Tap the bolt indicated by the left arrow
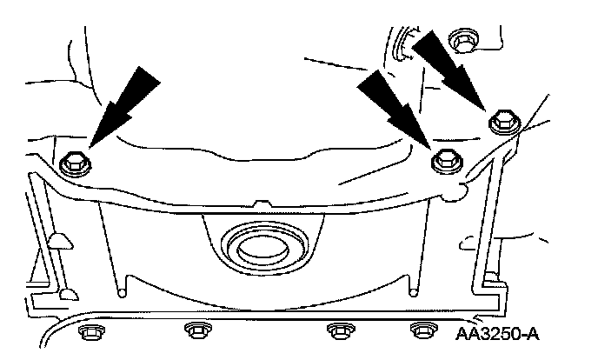point(72,162)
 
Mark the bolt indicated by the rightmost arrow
point(502,123)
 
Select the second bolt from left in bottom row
point(196,330)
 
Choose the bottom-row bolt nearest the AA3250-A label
point(423,330)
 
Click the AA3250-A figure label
point(508,331)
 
